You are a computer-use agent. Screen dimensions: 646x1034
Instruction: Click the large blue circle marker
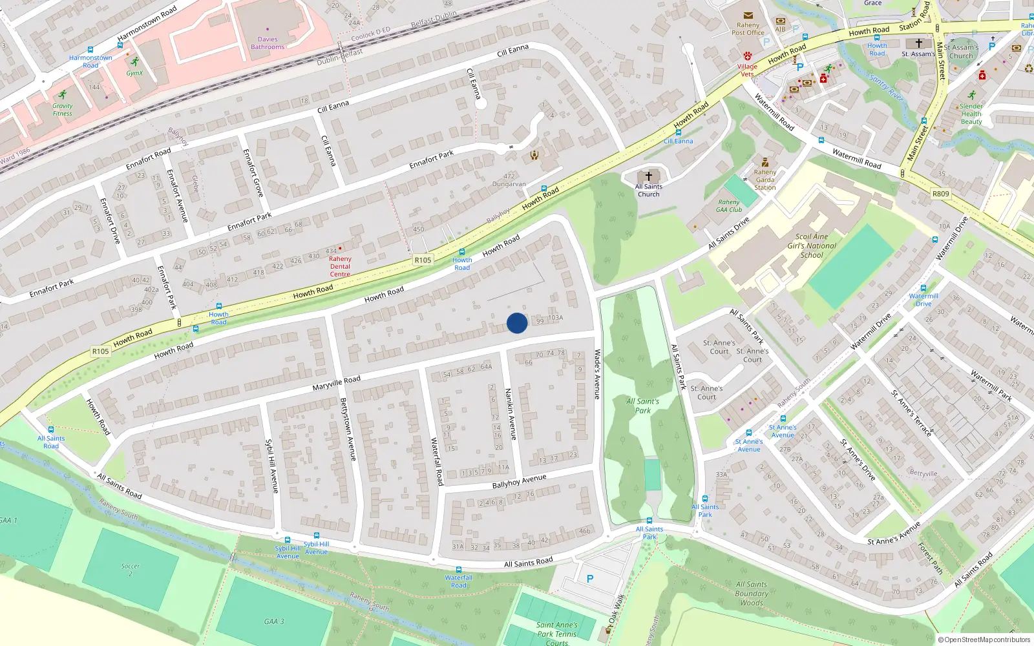click(517, 322)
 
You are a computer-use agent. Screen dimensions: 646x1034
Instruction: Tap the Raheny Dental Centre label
click(340, 266)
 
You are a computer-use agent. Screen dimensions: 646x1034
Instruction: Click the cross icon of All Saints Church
click(649, 176)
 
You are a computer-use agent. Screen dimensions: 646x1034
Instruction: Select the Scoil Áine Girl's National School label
click(812, 245)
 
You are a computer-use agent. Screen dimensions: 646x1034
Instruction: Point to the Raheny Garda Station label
click(765, 180)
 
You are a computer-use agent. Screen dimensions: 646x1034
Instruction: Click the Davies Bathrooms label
click(268, 43)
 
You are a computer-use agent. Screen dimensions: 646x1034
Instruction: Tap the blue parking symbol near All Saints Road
click(589, 579)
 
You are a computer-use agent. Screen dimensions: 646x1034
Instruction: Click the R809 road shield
click(940, 194)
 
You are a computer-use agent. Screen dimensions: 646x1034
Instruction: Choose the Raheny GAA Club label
click(729, 205)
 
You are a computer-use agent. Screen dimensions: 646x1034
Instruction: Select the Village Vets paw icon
click(748, 56)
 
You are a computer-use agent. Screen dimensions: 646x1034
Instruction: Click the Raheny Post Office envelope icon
click(748, 16)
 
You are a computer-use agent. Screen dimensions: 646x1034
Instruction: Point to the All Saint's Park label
click(643, 406)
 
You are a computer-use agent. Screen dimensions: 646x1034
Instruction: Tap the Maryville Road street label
click(336, 383)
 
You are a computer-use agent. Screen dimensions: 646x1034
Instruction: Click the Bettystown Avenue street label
click(348, 429)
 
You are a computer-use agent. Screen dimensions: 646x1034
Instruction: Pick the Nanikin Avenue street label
click(511, 414)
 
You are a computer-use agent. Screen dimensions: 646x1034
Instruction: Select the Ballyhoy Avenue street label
click(519, 481)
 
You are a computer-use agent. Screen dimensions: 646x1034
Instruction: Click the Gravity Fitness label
click(63, 110)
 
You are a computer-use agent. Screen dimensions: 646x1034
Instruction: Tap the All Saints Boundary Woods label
click(752, 593)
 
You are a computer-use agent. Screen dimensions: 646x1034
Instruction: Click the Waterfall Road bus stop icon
click(459, 569)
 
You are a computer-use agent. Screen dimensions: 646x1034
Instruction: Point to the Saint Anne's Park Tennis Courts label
click(556, 633)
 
